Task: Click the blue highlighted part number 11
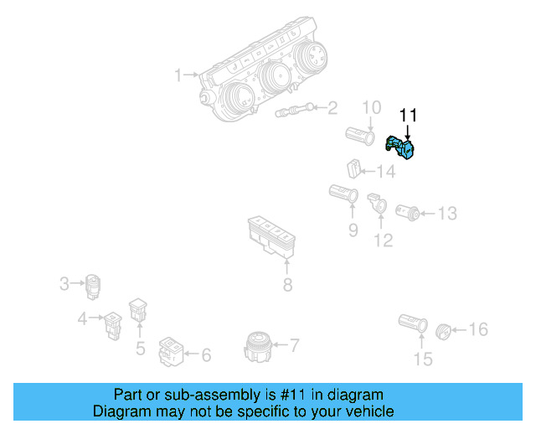point(404,149)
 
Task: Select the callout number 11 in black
point(408,116)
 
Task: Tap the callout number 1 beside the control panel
point(178,75)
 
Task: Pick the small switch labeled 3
point(93,285)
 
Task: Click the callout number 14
point(385,172)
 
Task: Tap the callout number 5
point(140,347)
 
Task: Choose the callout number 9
point(353,229)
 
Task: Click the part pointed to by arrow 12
point(376,203)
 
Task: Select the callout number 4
point(82,318)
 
